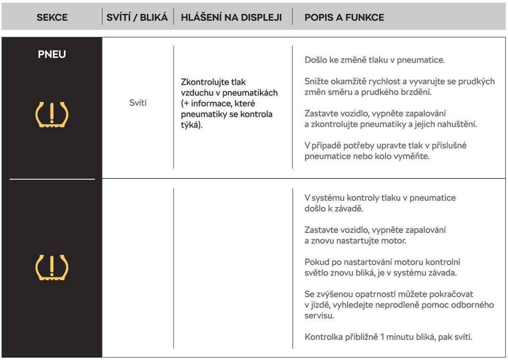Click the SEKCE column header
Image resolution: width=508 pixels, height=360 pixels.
(x=52, y=17)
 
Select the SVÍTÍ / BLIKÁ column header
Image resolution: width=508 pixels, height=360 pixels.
(x=137, y=17)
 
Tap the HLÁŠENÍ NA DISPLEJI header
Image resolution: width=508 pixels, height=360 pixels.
(x=231, y=17)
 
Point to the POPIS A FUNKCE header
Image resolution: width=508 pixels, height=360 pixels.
(x=344, y=17)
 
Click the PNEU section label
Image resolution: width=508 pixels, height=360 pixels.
(x=52, y=55)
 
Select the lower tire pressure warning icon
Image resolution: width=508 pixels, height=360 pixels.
(x=52, y=268)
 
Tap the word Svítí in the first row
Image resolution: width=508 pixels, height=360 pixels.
(x=138, y=103)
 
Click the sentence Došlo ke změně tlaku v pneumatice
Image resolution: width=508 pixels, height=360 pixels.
(x=375, y=60)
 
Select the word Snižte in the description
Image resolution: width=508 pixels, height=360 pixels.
(x=316, y=81)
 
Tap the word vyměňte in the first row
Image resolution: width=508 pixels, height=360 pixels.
(x=411, y=156)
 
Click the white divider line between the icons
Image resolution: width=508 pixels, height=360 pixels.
(x=52, y=178)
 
